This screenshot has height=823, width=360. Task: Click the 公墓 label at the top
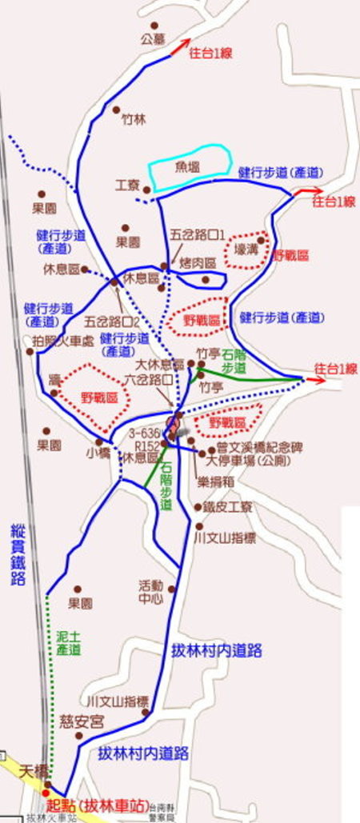click(153, 38)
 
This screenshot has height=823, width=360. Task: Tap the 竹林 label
click(134, 120)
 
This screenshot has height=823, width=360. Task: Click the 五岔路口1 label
click(198, 235)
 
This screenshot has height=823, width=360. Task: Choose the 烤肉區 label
click(198, 262)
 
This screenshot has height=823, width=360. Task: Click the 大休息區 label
click(166, 364)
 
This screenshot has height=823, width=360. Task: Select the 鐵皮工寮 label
click(230, 507)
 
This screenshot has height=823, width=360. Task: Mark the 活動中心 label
click(151, 590)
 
